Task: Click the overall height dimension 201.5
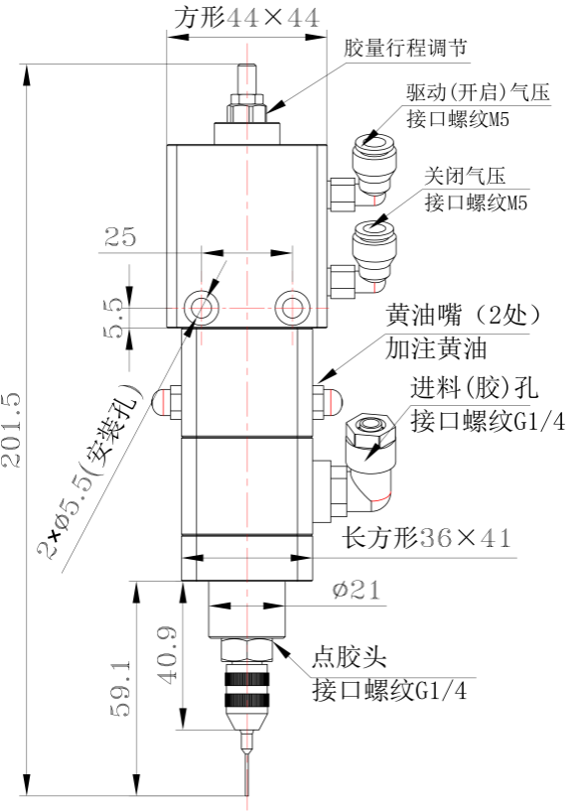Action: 12,431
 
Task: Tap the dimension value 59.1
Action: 121,688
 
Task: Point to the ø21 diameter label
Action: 356,589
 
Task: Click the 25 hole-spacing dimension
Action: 120,237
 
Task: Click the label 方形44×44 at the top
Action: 246,18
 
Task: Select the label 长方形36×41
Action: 426,538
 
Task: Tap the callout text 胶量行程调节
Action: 405,48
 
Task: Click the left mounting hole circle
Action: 201,308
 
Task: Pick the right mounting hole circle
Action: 293,308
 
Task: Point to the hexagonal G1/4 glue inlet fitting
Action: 370,431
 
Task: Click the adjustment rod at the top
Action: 247,78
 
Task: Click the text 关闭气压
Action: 465,176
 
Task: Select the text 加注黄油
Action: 436,349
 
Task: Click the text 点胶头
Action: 349,657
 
